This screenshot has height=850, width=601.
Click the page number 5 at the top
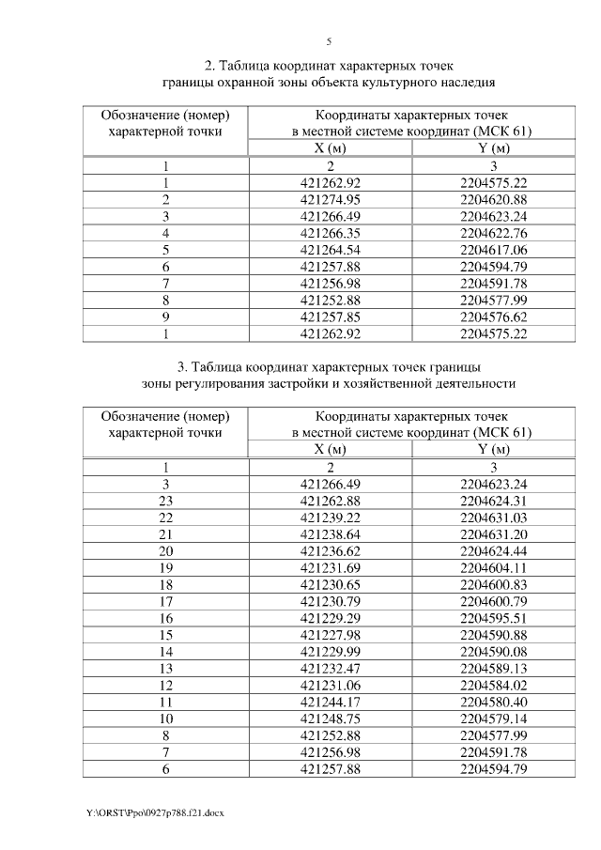[x=329, y=41]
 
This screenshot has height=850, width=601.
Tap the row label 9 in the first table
[x=165, y=317]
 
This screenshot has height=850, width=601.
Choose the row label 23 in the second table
[x=165, y=501]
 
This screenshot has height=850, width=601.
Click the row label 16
[x=165, y=619]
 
